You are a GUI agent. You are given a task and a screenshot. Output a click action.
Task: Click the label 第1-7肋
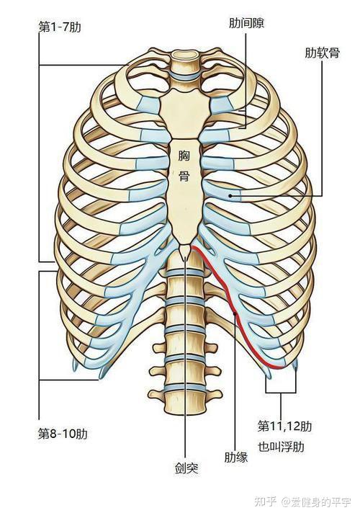coord(60,27)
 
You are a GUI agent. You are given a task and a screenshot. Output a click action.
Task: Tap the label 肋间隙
coord(246,23)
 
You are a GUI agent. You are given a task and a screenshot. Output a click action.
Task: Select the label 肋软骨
coord(322,53)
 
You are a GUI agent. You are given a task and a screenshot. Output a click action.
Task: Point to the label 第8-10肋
coord(63,434)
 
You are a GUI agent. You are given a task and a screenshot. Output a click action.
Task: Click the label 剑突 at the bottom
coord(186,468)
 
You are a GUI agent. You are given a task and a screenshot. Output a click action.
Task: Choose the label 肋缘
coord(236,457)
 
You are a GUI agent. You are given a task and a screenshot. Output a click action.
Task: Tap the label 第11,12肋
coord(284,427)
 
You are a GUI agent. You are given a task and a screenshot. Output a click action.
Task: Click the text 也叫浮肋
coord(281,447)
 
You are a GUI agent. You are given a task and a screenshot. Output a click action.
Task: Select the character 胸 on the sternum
coord(184,156)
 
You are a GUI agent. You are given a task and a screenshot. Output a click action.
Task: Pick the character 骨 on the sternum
coord(184,175)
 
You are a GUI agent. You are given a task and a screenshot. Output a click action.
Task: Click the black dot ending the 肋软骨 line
coord(230,196)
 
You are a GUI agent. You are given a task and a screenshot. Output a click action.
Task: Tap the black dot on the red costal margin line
coord(235,314)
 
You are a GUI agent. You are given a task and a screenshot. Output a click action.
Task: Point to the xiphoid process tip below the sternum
coord(185,254)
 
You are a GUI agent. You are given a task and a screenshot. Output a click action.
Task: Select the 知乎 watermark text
coord(265,502)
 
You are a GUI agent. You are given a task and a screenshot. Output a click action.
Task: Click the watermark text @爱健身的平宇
coord(316,502)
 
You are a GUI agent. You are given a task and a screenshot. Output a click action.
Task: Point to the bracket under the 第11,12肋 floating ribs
coord(281,393)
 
